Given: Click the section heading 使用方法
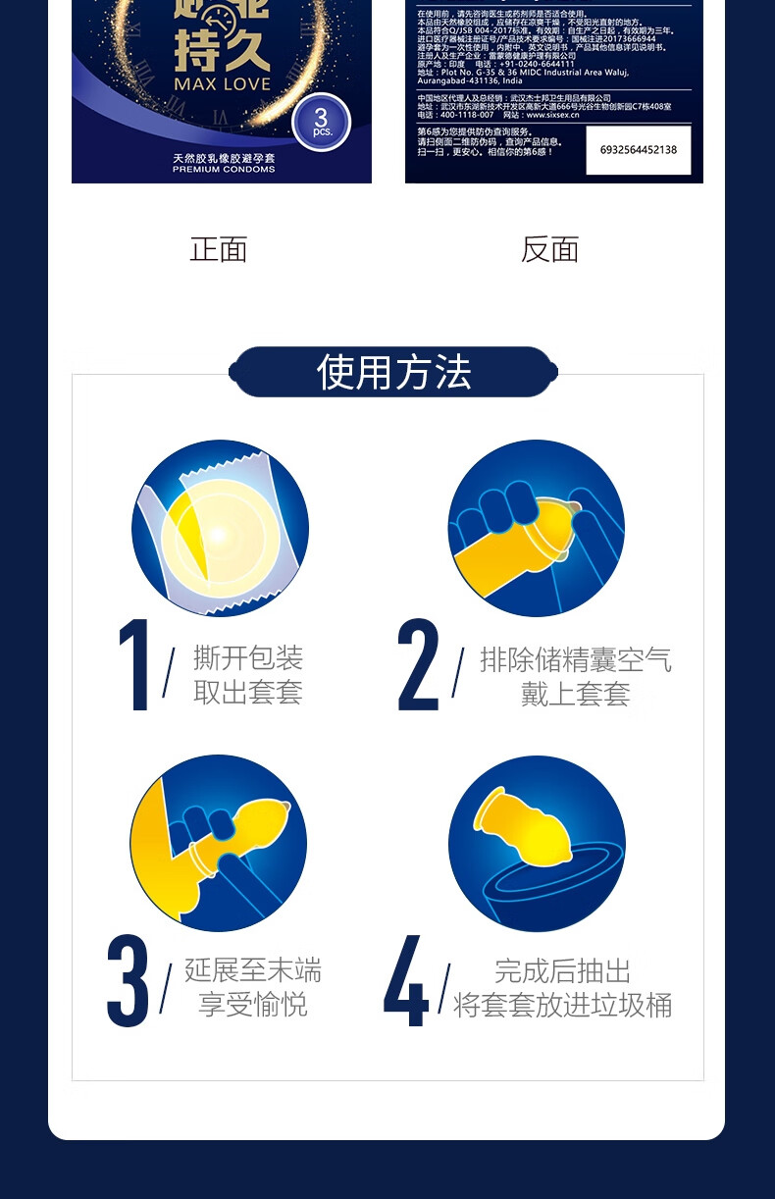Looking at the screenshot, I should pyautogui.click(x=393, y=373).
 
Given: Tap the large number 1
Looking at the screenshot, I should pyautogui.click(x=134, y=665).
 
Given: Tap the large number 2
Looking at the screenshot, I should pyautogui.click(x=419, y=665).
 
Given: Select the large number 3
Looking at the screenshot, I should pyautogui.click(x=129, y=980).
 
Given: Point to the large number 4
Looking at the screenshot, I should pyautogui.click(x=406, y=980).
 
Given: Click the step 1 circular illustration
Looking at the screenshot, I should pyautogui.click(x=220, y=528).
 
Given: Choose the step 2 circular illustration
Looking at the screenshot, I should pyautogui.click(x=536, y=528).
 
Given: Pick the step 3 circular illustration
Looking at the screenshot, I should pyautogui.click(x=218, y=843).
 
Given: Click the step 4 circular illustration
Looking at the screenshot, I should pyautogui.click(x=537, y=843).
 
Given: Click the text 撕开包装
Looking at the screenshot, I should pyautogui.click(x=248, y=657).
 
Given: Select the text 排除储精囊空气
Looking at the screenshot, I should pyautogui.click(x=576, y=659).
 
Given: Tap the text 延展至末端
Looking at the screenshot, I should pyautogui.click(x=253, y=970).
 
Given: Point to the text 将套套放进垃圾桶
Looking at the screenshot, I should pyautogui.click(x=562, y=1005).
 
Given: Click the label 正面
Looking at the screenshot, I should pyautogui.click(x=219, y=249).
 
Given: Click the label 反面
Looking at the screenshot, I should pyautogui.click(x=549, y=249).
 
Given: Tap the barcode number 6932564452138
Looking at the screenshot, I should pyautogui.click(x=639, y=150).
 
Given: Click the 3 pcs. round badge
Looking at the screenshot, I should pyautogui.click(x=322, y=123).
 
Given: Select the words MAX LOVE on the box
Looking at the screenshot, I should pyautogui.click(x=222, y=83).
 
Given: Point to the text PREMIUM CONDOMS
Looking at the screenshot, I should pyautogui.click(x=224, y=169).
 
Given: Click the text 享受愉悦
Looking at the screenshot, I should pyautogui.click(x=253, y=1005).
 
